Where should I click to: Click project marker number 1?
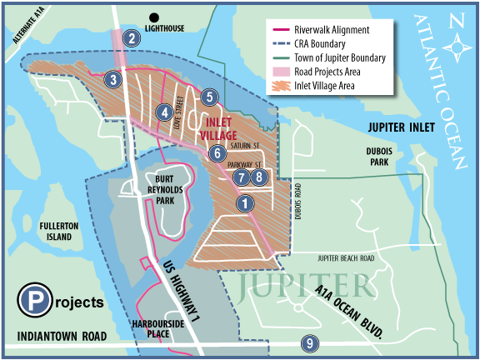click(244, 202)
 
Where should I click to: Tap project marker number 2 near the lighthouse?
click(130, 37)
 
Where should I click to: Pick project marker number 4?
click(166, 112)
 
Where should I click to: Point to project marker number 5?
click(209, 97)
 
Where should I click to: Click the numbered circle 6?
click(217, 152)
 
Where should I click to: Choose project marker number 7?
click(241, 177)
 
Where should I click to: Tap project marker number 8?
click(259, 177)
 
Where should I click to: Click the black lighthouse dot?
click(153, 17)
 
